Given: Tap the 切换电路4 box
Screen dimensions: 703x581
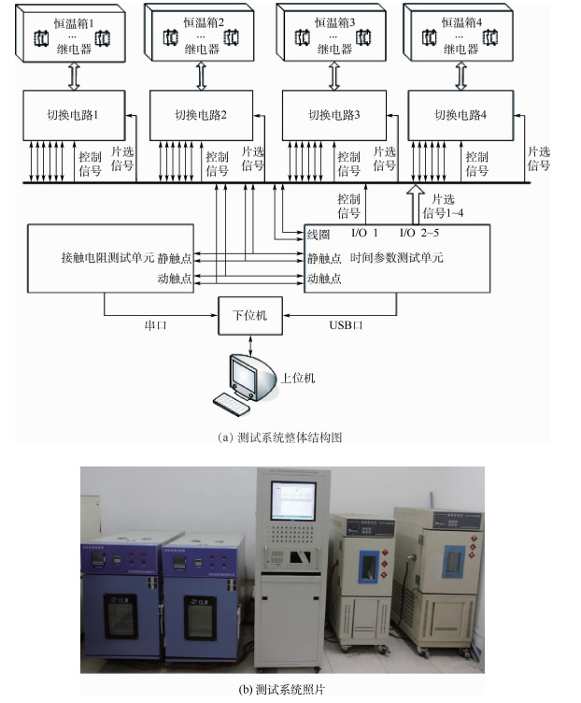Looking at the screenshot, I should click(461, 115).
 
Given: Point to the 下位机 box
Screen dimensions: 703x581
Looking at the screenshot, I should click(249, 315).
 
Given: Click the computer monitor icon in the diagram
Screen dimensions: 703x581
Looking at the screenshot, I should click(244, 374).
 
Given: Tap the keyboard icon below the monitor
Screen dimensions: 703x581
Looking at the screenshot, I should click(233, 402).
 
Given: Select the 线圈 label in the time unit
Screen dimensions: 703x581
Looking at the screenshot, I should click(318, 233).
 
